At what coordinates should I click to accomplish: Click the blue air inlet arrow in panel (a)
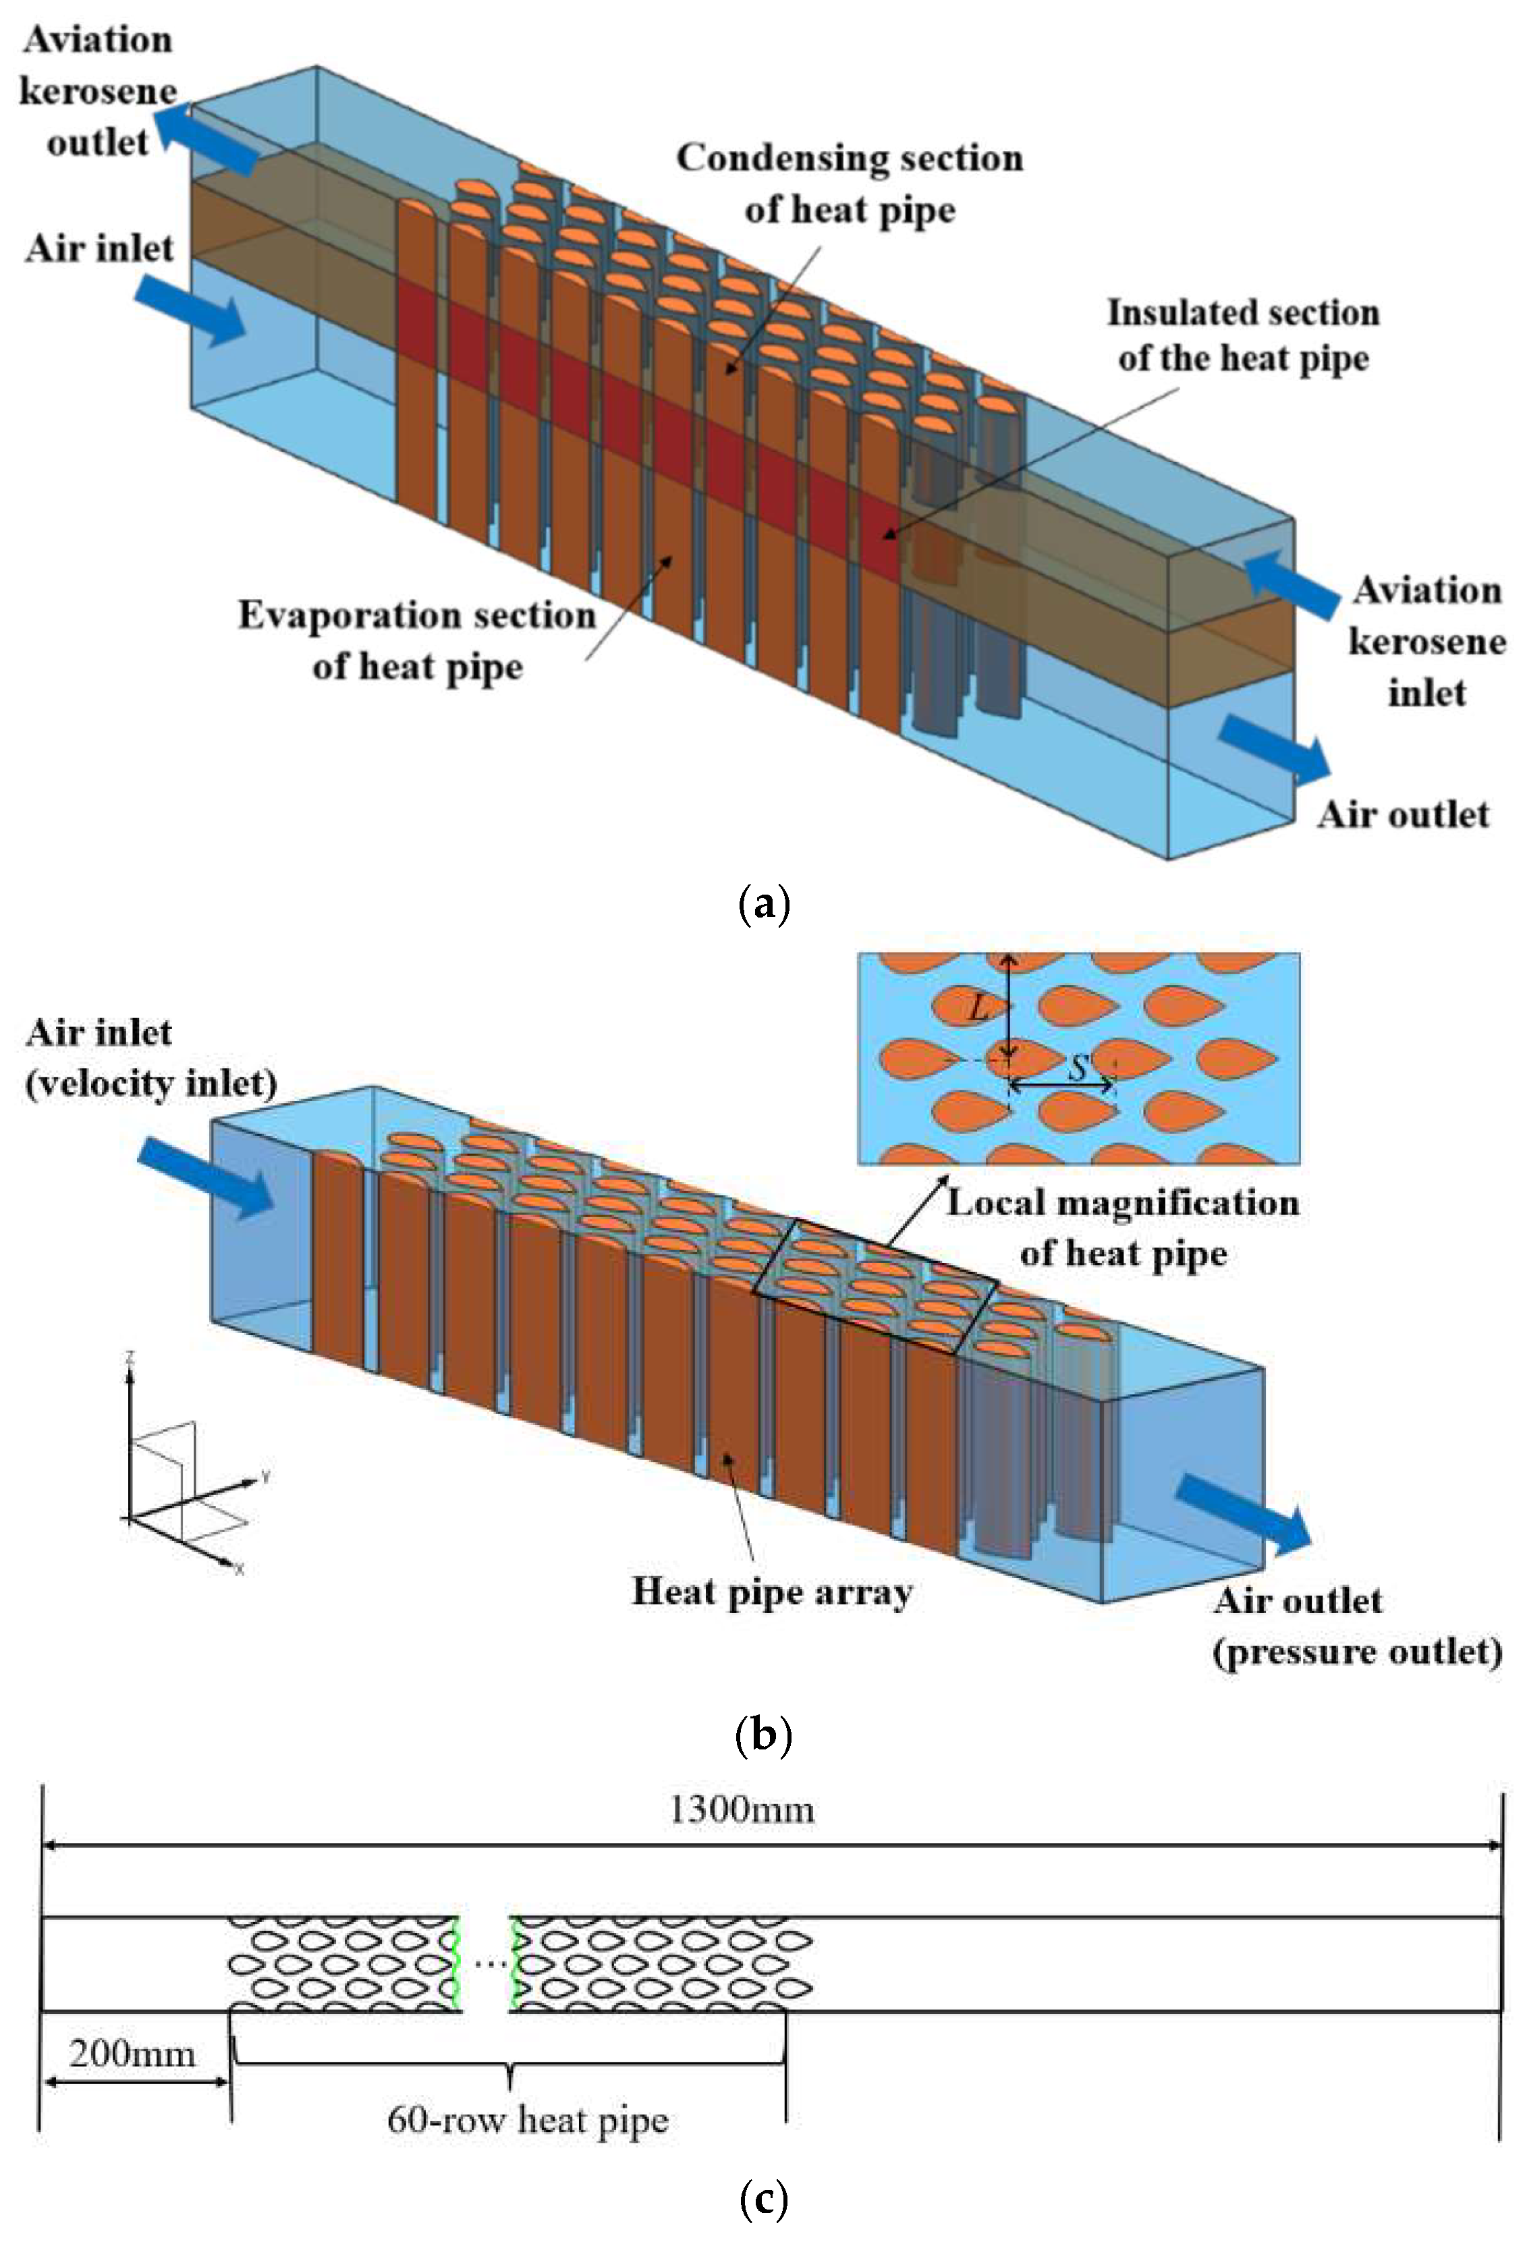pyautogui.click(x=190, y=308)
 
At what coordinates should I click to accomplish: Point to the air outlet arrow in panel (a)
pyautogui.click(x=1274, y=748)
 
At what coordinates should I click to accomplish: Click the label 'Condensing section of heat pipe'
pyautogui.click(x=848, y=184)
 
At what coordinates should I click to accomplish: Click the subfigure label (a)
pyautogui.click(x=762, y=905)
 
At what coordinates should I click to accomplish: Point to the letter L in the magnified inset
pyautogui.click(x=979, y=1010)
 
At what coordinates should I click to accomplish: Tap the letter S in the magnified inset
pyautogui.click(x=1078, y=1069)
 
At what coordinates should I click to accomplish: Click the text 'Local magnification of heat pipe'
pyautogui.click(x=1122, y=1227)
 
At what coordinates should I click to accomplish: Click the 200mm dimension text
pyautogui.click(x=132, y=2053)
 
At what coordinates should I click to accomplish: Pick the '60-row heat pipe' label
pyautogui.click(x=528, y=2119)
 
